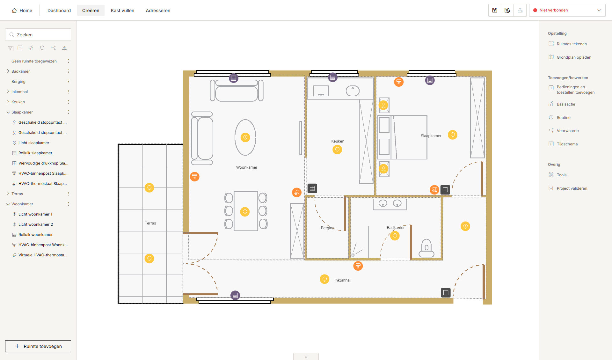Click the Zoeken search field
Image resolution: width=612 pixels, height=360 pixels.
click(x=38, y=35)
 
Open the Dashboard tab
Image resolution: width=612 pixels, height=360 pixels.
click(x=59, y=11)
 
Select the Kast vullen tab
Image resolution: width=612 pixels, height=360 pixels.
click(x=122, y=11)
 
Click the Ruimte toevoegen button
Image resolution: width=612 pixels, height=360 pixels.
click(x=38, y=346)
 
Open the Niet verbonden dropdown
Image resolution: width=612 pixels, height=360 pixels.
click(x=567, y=10)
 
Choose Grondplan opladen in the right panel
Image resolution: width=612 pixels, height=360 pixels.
click(x=574, y=57)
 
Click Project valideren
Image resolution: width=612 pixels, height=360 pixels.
click(x=572, y=188)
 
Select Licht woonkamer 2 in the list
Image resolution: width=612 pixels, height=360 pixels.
click(x=36, y=224)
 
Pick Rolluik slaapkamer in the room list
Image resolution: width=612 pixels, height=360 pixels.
click(x=35, y=153)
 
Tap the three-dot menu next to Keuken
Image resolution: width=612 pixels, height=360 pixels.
click(x=69, y=102)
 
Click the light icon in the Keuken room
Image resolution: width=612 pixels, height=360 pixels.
click(x=337, y=150)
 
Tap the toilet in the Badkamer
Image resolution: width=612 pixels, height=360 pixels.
click(x=426, y=248)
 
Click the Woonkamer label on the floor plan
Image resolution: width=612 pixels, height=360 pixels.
click(x=247, y=167)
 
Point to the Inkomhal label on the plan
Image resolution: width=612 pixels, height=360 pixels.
click(x=342, y=280)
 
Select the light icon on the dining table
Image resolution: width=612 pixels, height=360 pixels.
click(x=245, y=212)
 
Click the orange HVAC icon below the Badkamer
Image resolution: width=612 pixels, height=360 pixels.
click(x=358, y=266)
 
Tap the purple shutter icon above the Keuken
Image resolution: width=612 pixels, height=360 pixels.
click(x=333, y=77)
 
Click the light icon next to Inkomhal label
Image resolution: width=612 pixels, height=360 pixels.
click(x=324, y=279)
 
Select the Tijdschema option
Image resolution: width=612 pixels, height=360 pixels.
click(x=567, y=144)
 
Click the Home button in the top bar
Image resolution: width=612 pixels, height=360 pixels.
click(x=22, y=11)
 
